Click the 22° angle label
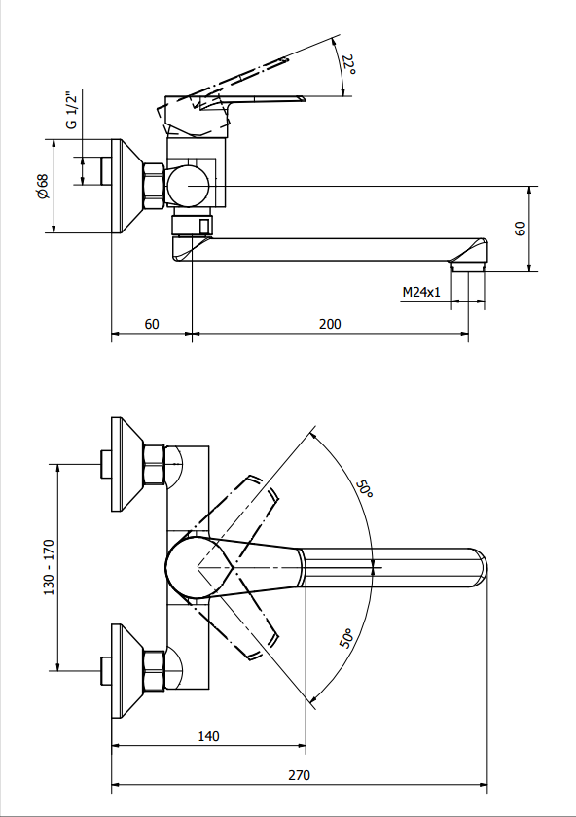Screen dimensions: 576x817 point(349,64)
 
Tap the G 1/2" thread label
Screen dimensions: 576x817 point(71,110)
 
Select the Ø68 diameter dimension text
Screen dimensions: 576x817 point(42,186)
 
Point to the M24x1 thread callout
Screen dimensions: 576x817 point(421,292)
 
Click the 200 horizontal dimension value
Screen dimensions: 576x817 point(330,324)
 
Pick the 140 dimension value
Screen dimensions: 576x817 point(208,736)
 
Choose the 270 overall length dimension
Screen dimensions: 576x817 point(300,775)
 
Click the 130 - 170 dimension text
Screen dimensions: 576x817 point(49,567)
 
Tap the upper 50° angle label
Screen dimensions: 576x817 point(365,488)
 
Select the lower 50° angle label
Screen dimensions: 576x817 point(347,639)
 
